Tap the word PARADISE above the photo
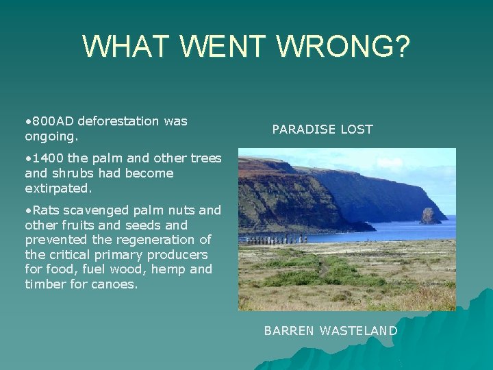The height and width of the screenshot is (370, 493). click(303, 129)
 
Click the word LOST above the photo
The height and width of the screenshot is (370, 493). click(357, 129)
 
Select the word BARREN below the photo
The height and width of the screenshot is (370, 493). click(288, 331)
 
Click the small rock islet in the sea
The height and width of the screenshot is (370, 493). click(430, 216)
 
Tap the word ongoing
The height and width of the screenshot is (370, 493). click(50, 136)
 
